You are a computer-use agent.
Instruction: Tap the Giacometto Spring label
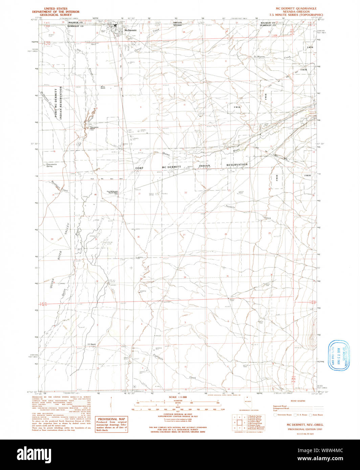pyautogui.click(x=54, y=165)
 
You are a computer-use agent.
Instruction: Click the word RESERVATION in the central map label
pyautogui.click(x=237, y=165)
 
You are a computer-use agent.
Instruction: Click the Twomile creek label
pyautogui.click(x=231, y=206)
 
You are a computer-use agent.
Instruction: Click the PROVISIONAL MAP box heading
pyautogui.click(x=111, y=419)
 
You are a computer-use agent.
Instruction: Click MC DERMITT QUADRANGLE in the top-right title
pyautogui.click(x=296, y=8)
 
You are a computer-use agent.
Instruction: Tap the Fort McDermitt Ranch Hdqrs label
pyautogui.click(x=112, y=192)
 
